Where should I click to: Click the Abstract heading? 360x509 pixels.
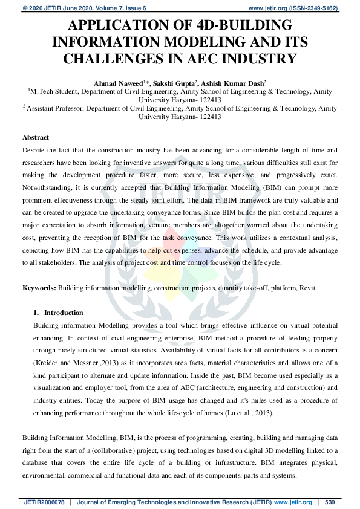pos(36,137)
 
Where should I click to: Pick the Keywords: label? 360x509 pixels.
pos(39,288)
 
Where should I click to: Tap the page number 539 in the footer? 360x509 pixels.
pos(330,502)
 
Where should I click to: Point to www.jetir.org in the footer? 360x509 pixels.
pos(293,502)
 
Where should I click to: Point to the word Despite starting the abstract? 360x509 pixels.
pos(34,149)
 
